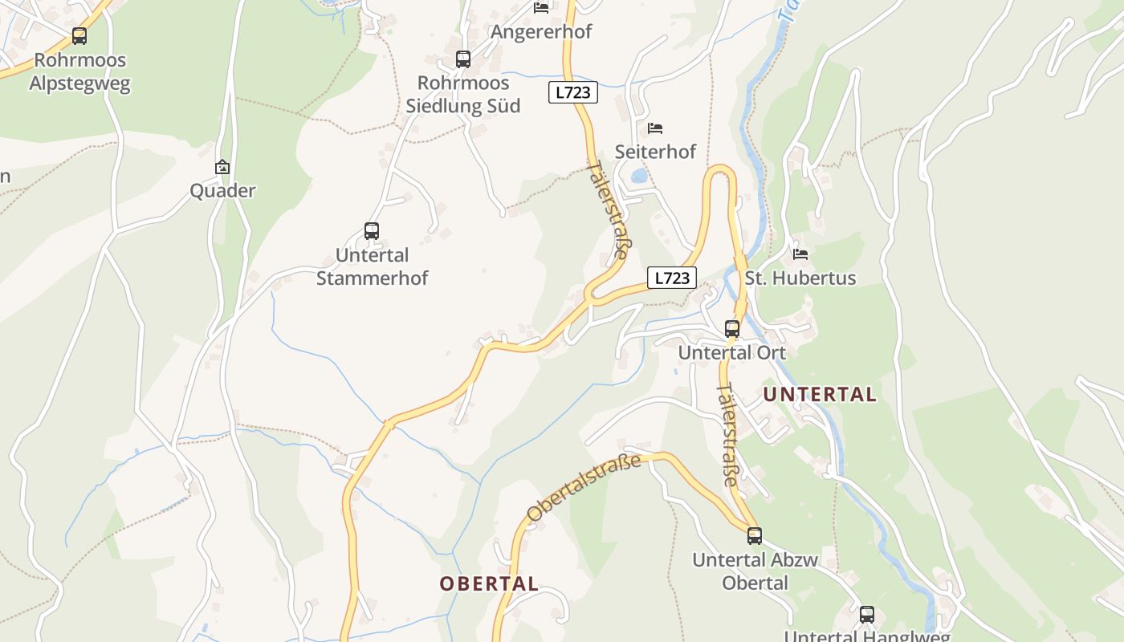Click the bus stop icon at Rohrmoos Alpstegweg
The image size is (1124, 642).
79,36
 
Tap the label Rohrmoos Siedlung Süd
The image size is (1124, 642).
462,95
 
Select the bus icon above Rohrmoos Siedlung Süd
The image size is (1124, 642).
462,59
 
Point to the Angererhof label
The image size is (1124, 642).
540,32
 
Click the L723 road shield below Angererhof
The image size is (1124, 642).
573,92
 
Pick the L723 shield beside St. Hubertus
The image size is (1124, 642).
672,278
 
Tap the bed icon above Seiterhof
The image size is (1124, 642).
655,128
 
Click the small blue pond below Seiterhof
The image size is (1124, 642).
639,176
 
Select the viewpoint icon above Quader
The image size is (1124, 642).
222,167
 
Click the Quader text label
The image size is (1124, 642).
222,191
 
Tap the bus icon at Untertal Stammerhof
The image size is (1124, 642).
371,231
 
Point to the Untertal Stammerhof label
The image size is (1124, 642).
372,267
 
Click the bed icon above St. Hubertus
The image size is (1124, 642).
800,254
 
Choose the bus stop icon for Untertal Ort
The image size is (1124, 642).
731,328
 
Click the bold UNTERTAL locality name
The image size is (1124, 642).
820,394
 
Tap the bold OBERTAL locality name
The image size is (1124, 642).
489,583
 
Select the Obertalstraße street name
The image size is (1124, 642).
584,487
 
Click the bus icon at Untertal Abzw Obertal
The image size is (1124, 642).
754,535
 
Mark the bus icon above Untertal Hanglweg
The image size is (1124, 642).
866,615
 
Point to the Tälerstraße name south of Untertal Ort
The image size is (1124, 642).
727,436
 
